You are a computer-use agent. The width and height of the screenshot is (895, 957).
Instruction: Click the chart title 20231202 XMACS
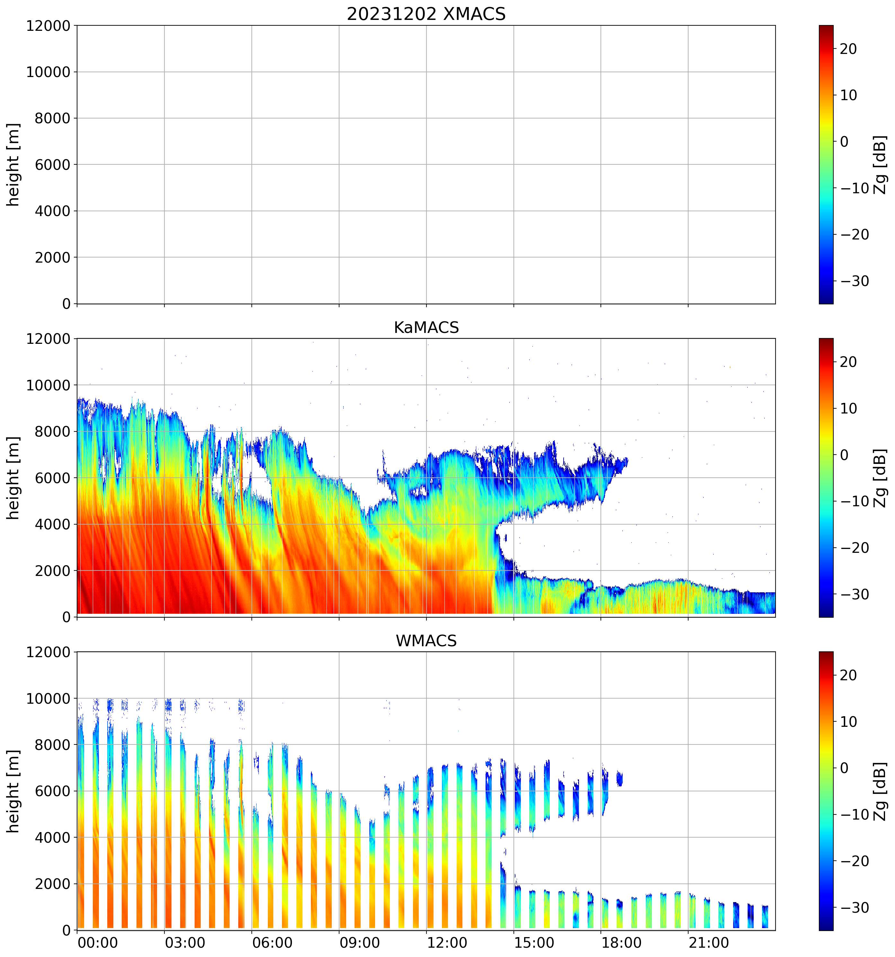(426, 14)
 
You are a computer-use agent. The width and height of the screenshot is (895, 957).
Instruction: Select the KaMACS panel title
(426, 327)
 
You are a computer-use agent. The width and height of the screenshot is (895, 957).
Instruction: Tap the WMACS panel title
(426, 641)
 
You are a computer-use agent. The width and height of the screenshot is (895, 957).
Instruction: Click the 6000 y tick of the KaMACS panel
(52, 478)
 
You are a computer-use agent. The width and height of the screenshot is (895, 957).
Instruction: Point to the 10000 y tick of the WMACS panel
(48, 699)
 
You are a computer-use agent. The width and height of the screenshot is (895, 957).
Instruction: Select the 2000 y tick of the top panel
(52, 257)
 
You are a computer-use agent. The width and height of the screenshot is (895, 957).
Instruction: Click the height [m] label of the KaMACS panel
(13, 478)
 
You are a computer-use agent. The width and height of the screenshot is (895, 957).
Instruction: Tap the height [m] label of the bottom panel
(13, 791)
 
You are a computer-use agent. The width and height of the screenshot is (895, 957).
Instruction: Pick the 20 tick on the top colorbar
(848, 49)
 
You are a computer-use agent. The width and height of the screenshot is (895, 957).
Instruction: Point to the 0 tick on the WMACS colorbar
(844, 768)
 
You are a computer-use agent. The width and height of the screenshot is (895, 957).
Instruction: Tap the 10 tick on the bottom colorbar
(848, 722)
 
